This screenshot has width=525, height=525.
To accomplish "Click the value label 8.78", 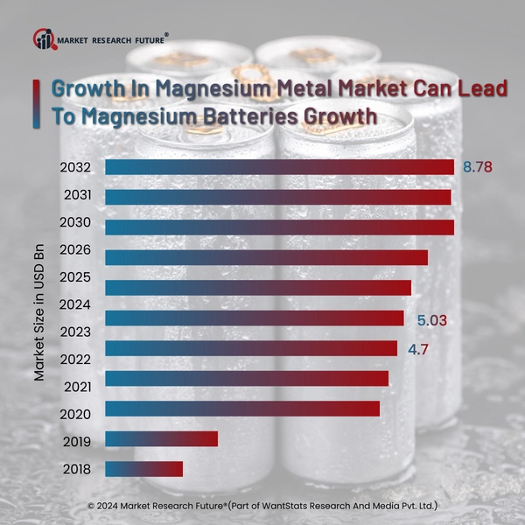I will [x=478, y=166].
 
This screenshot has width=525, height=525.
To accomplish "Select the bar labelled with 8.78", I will [x=279, y=167].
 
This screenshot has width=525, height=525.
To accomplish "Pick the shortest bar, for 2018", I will [x=143, y=469].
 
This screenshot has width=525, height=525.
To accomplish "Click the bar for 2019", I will [x=161, y=438].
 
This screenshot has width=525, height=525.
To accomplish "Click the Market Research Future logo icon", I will [x=43, y=38].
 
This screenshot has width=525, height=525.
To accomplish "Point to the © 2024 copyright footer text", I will [x=262, y=506].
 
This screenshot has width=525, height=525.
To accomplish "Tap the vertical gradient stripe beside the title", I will [x=36, y=102].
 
